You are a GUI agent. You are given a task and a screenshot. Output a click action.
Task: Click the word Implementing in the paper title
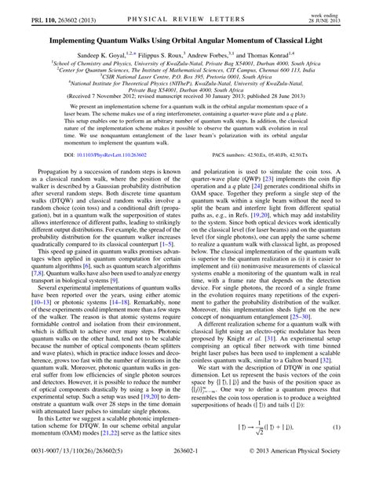[x=79, y=38]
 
